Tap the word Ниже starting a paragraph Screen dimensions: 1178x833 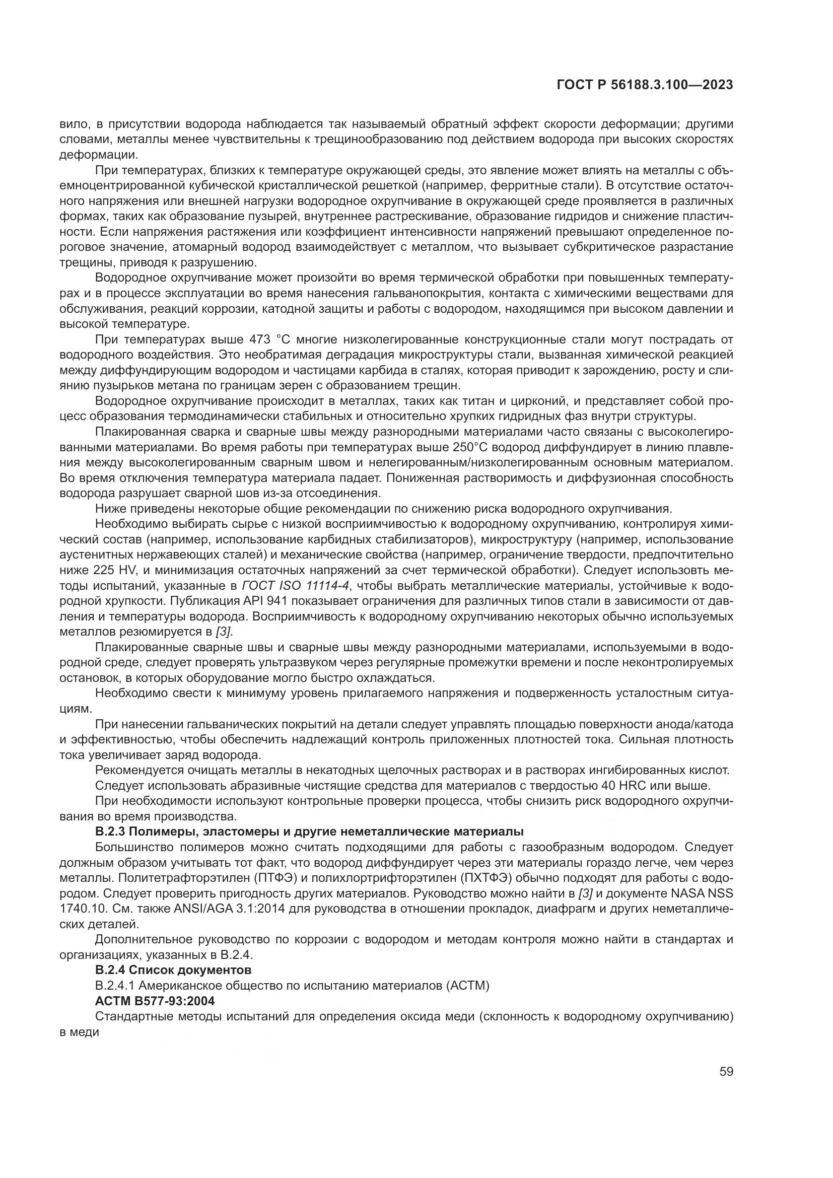(x=111, y=509)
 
